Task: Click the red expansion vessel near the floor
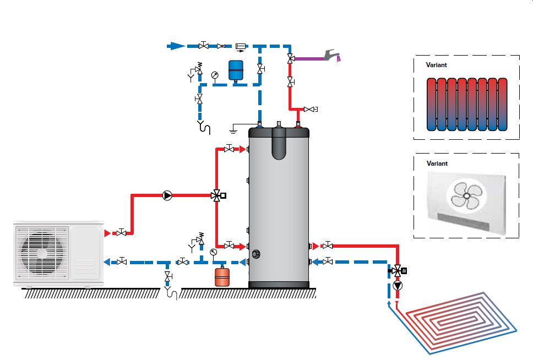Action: click(222, 276)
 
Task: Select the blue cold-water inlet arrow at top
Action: click(176, 46)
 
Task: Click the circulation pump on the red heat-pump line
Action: click(167, 195)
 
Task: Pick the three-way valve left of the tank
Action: click(216, 195)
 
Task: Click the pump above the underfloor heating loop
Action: click(398, 286)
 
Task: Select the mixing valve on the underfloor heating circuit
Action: click(397, 271)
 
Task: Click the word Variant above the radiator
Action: click(437, 64)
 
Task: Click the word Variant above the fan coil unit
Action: click(438, 163)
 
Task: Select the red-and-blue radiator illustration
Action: click(466, 104)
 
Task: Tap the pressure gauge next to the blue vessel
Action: click(215, 75)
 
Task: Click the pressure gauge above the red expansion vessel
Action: click(213, 252)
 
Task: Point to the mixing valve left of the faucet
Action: click(290, 57)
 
